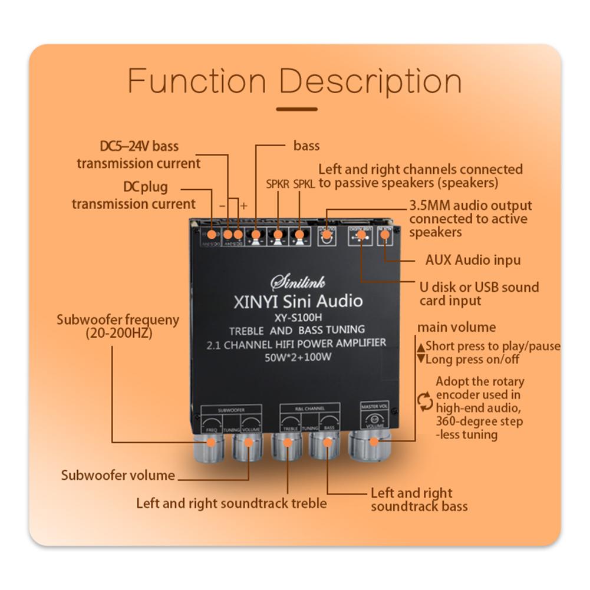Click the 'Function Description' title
click(295, 81)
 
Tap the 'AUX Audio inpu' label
click(473, 260)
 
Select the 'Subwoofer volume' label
click(118, 475)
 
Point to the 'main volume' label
click(456, 328)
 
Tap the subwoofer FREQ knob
click(207, 448)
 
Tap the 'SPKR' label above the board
click(277, 183)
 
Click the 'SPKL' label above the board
click(304, 183)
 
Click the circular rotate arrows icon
click(425, 401)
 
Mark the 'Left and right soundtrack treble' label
click(231, 503)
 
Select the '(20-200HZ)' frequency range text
click(118, 334)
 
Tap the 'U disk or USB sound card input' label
click(479, 294)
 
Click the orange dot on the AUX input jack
click(385, 235)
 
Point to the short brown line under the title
click(296, 109)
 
